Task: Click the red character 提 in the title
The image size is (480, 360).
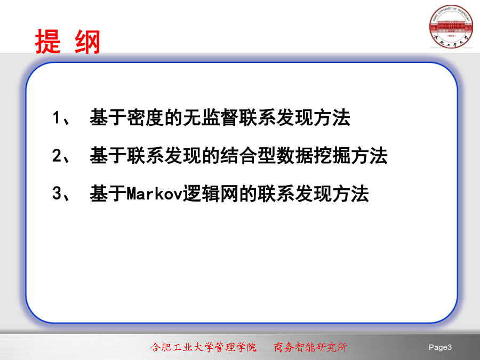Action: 48,42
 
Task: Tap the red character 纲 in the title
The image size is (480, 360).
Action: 87,42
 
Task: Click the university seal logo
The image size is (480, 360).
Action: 451,27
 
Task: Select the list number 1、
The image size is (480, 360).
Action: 61,117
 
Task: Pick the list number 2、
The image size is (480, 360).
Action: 61,156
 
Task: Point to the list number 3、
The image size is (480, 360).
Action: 61,194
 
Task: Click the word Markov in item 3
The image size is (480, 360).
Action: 155,194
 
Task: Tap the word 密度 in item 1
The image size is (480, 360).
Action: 146,117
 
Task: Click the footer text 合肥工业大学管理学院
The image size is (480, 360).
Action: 203,347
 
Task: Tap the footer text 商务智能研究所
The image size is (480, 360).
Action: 311,347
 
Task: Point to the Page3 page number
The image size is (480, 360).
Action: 440,347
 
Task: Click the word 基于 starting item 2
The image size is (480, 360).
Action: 108,156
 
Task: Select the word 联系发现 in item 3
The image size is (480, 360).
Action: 295,194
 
